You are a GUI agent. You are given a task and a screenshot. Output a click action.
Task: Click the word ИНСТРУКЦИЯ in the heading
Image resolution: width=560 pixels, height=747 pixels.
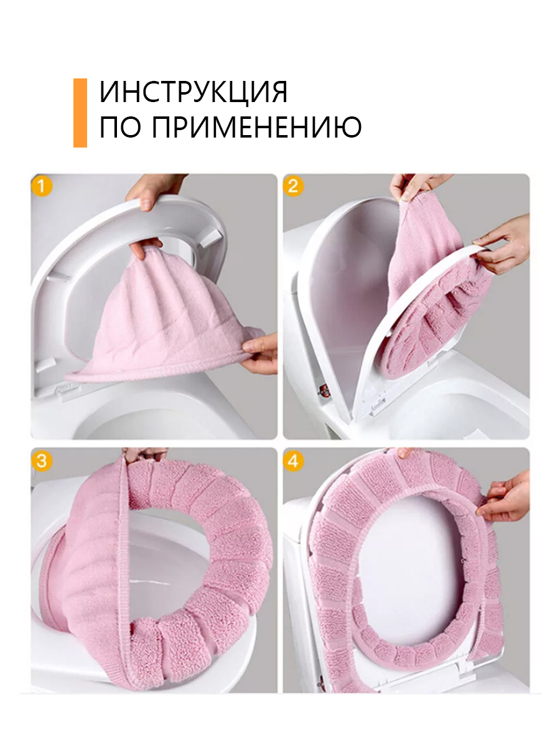194,92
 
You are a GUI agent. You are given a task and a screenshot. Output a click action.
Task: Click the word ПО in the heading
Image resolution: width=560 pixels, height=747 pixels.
120,127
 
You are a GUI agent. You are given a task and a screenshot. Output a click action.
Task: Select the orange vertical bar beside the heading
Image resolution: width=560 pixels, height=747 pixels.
80,113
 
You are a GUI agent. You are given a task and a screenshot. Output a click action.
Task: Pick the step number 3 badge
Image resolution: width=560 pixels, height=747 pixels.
42,461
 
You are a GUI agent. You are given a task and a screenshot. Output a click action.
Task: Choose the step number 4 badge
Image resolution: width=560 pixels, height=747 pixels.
294,461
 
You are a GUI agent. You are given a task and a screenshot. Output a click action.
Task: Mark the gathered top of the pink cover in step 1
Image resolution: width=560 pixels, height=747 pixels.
149,253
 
